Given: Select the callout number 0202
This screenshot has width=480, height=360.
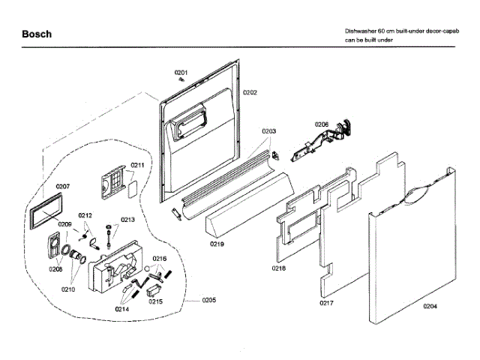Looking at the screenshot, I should [250, 92].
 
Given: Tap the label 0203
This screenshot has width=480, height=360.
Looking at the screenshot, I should [269, 130].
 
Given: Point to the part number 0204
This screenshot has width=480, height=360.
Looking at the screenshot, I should [430, 306].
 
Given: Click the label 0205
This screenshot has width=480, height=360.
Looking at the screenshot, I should [208, 301].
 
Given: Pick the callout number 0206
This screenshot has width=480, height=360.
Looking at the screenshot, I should [322, 124].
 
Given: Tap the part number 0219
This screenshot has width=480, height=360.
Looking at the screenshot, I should [217, 244].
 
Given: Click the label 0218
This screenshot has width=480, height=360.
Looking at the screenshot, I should [279, 267].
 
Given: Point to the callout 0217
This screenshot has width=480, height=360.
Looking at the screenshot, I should [326, 303].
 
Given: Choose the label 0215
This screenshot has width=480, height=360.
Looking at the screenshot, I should [155, 301].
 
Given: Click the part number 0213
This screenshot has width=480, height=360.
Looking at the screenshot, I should [127, 220].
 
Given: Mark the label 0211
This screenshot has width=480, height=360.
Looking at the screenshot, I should [137, 165].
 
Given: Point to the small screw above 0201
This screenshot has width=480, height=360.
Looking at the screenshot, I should [182, 79].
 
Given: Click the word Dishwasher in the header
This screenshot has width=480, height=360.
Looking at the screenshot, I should [361, 31].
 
